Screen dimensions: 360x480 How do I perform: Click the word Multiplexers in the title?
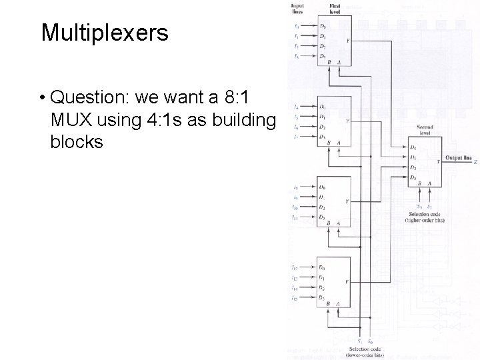point(105,33)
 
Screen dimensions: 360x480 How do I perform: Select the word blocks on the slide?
point(76,142)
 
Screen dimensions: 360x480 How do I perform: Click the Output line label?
point(459,158)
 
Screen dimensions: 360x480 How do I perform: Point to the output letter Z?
point(475,161)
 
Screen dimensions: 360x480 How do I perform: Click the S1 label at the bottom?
point(360,341)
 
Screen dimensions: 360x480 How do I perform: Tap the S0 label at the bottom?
point(371,341)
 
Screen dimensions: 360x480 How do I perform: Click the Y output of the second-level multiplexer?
point(437,161)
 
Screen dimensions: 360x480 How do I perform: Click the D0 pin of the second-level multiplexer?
point(414,147)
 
